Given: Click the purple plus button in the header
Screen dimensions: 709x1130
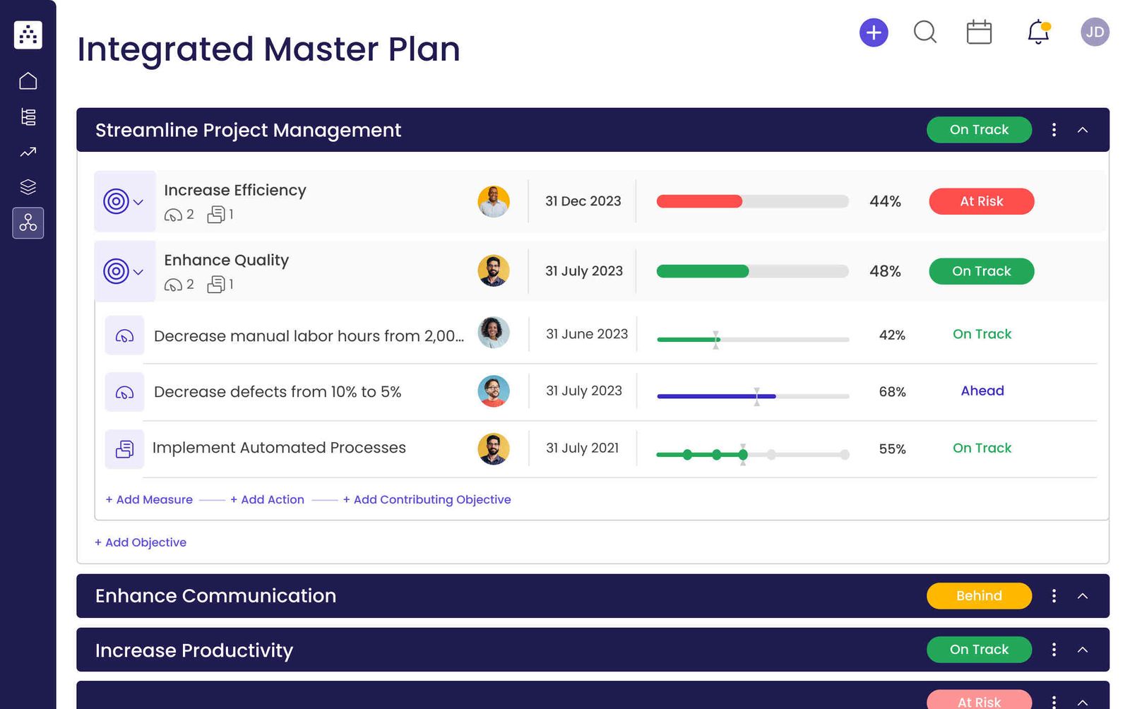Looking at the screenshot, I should pos(874,32).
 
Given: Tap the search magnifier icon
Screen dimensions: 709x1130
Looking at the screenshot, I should pos(924,32).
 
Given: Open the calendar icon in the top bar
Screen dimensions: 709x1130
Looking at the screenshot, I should pos(979,32).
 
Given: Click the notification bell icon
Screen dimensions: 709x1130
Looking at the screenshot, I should pos(1037,32).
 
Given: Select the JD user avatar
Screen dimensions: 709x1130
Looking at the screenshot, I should pos(1095,32).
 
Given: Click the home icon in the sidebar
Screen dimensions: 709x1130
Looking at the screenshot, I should pos(28,81).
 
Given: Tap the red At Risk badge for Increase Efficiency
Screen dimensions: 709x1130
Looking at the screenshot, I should pos(981,201).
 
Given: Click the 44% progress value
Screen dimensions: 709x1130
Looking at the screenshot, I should pos(885,201).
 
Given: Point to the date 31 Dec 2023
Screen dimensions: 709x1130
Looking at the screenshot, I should pos(583,201).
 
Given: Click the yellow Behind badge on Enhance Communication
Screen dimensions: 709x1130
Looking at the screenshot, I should pos(979,596).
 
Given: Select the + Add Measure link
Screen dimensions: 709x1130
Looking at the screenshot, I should pos(149,499).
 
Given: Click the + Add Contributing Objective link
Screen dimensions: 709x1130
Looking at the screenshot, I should pos(427,499).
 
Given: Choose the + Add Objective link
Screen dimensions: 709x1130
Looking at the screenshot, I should pos(141,542).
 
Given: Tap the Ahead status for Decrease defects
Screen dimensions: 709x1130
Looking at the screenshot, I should pos(982,391).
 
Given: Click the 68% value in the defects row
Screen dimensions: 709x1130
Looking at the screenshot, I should pos(892,392).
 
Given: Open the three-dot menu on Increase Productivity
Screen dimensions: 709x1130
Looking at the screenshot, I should pos(1054,650).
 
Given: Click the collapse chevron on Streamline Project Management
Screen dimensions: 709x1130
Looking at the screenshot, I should pos(1083,130).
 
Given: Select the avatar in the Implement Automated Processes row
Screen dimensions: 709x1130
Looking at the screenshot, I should pos(493,448).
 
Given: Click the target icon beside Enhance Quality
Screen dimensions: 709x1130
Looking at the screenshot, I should pos(117,271).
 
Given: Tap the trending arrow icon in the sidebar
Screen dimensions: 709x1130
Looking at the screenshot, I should pos(28,152).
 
